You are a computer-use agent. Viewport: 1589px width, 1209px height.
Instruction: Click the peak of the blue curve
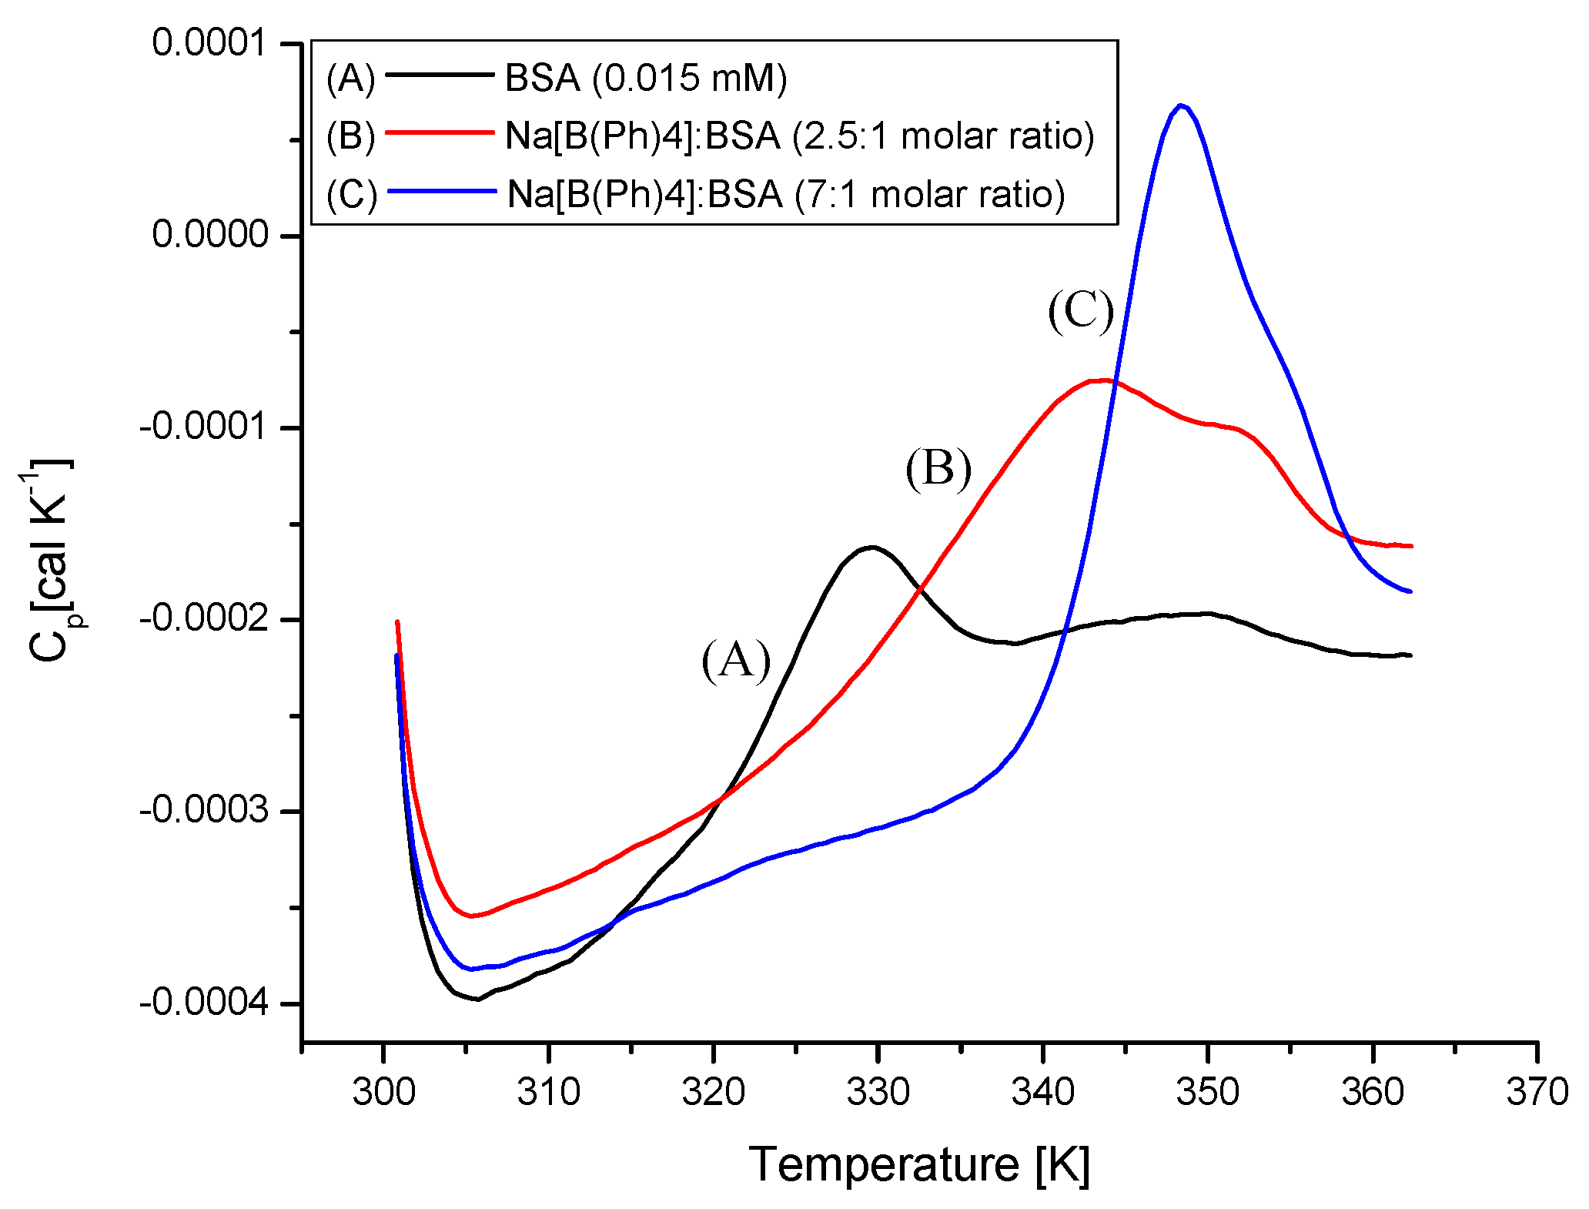point(1180,105)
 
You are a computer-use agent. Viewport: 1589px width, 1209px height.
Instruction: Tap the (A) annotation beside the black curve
point(736,661)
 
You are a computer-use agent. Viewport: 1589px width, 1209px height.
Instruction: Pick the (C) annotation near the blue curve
point(1081,311)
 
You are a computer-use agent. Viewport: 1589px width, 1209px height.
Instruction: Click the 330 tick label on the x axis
point(878,1092)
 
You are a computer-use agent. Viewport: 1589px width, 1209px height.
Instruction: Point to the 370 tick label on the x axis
point(1537,1092)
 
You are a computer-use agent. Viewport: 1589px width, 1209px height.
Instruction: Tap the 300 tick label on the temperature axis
point(383,1092)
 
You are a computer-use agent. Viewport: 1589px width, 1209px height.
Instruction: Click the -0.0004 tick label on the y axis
point(204,1003)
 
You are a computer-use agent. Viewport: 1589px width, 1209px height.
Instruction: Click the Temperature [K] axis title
point(919,1164)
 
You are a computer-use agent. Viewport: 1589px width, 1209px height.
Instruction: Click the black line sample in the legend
point(439,75)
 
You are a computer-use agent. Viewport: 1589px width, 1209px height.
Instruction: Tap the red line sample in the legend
point(439,132)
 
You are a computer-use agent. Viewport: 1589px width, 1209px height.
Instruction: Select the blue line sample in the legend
point(440,191)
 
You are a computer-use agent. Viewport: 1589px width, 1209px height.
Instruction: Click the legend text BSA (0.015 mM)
point(645,79)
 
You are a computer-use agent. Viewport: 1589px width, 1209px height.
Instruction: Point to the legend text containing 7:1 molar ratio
point(786,194)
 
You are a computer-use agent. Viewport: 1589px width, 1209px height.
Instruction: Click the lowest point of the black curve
point(478,1000)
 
